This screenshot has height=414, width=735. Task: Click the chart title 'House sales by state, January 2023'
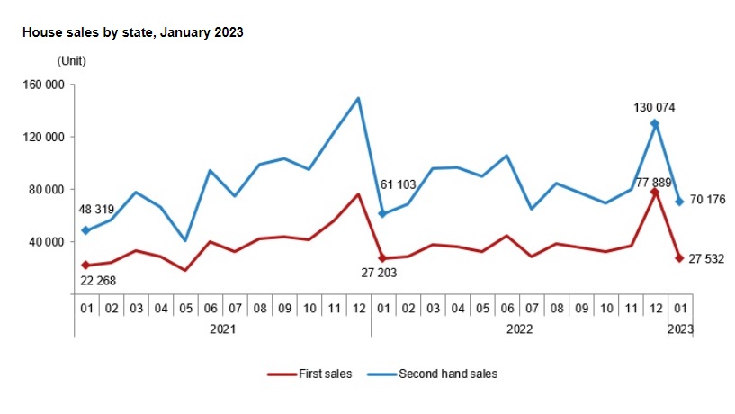pos(132,32)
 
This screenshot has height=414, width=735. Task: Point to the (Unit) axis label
pos(72,61)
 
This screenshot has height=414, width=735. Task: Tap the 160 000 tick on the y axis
pos(43,85)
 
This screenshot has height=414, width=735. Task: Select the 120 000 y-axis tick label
pos(43,138)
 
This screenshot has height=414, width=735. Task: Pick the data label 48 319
pos(96,209)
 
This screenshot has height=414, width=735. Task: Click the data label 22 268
pos(98,281)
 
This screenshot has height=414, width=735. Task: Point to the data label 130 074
pos(654,107)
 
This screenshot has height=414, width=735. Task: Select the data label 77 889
pos(653,183)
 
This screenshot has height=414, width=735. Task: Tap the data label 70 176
pos(707,199)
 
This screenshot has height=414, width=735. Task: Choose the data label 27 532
pos(706,259)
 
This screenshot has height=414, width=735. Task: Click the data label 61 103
pos(398,184)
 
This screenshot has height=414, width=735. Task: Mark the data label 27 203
pos(379,273)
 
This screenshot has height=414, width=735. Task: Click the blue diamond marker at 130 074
pos(655,124)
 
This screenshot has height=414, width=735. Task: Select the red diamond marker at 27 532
pos(680,258)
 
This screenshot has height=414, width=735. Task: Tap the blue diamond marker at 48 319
pos(85,230)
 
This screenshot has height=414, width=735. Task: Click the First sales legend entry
pos(309,373)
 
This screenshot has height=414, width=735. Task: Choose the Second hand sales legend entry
pos(432,373)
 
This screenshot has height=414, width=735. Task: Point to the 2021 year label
pos(222,329)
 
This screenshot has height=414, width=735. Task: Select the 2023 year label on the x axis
pos(680,329)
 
